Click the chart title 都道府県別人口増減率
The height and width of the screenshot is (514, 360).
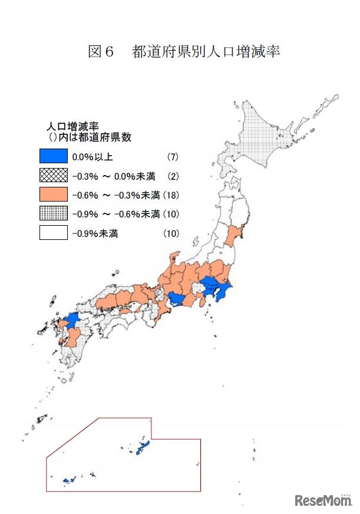coord(206,52)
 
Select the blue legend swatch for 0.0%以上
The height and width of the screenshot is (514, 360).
coord(53,157)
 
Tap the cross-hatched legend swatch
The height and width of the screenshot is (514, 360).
coord(53,176)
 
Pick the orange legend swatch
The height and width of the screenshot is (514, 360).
coord(53,195)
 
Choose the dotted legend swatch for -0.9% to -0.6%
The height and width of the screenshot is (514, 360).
coord(53,213)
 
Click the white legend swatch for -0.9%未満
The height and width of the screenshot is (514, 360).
coord(53,232)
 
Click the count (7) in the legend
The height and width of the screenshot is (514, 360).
coord(172,157)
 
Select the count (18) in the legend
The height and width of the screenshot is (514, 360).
coord(171,195)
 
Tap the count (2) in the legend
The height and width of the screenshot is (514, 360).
coord(172,176)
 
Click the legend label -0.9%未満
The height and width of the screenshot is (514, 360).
coord(94,233)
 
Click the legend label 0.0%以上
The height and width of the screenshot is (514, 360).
coord(92,157)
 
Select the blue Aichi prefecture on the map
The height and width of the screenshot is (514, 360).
coord(176,300)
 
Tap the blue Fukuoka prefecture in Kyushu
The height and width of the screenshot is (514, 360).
coord(70,321)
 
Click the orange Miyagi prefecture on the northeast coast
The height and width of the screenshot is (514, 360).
coord(234,234)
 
